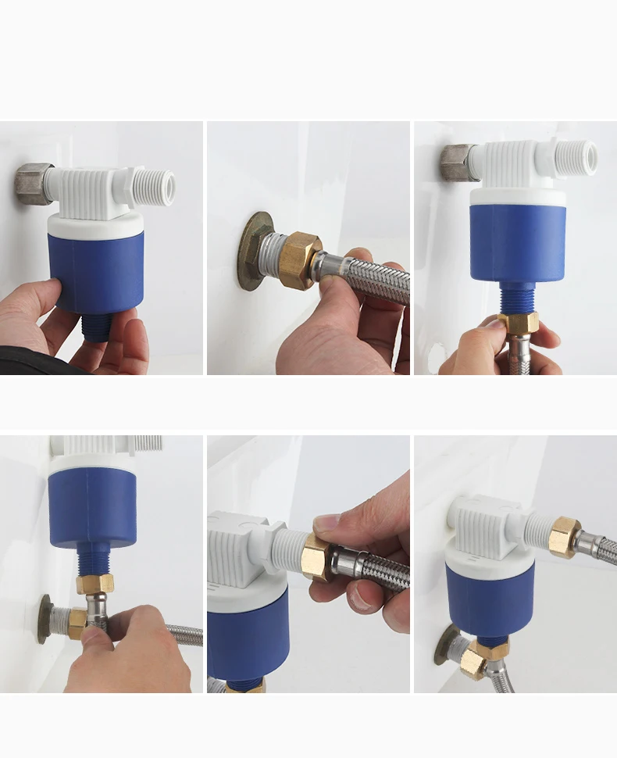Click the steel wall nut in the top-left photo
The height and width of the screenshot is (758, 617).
tap(33, 184)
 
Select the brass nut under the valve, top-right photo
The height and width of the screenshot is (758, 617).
tap(519, 322)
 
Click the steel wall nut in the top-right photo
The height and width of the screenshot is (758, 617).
tap(457, 162)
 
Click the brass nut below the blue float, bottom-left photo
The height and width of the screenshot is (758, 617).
tap(95, 584)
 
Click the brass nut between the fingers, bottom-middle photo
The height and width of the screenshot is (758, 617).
tap(316, 556)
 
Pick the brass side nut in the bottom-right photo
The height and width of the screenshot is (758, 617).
tap(563, 537)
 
